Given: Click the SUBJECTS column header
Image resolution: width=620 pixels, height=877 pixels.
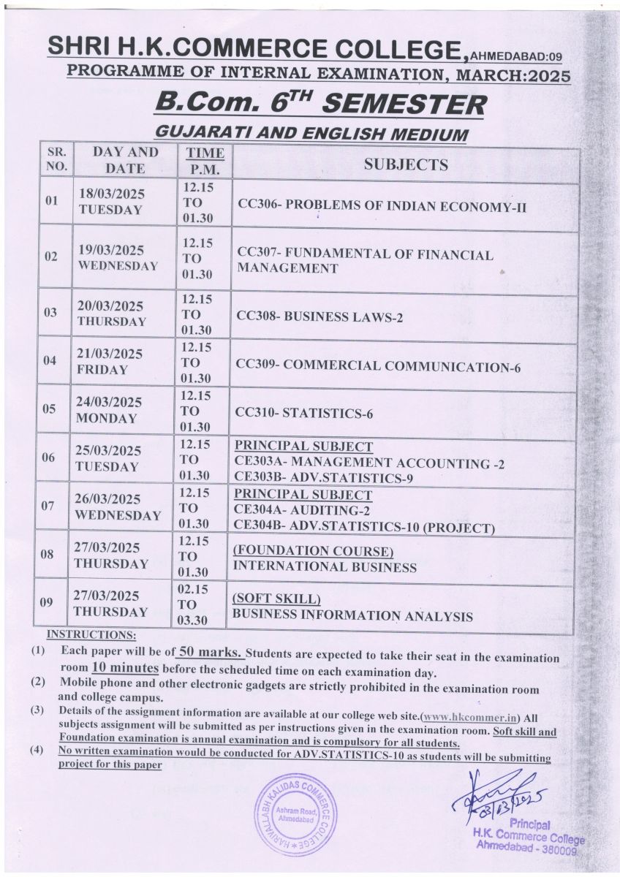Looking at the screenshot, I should [x=406, y=164].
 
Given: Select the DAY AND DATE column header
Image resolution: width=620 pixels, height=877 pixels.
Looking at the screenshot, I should [x=125, y=160].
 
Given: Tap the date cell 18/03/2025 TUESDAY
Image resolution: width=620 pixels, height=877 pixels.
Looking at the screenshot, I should [x=110, y=202].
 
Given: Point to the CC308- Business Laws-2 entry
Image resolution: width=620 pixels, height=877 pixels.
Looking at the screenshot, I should [x=320, y=317].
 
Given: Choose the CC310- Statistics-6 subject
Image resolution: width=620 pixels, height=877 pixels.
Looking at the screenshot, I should [x=304, y=414].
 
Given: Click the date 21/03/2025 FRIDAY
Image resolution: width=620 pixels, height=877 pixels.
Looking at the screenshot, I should [x=110, y=361].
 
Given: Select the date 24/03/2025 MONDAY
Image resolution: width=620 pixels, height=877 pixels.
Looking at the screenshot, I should [x=109, y=410].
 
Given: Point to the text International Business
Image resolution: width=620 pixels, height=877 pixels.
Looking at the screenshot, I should [x=324, y=566].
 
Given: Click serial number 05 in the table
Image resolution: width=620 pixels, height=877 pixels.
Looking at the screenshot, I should [x=49, y=409].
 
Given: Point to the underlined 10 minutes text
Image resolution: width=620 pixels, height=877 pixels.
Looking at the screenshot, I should [x=125, y=668].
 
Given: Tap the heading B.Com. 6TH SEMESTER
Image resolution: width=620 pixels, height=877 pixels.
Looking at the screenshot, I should [x=319, y=104].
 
